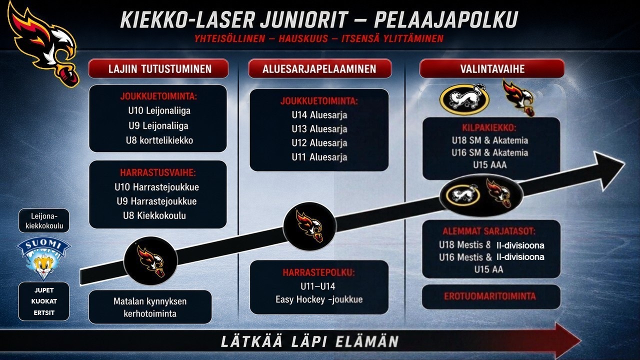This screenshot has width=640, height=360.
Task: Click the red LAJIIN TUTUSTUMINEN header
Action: click(x=158, y=68)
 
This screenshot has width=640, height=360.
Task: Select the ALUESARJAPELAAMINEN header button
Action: click(x=319, y=68)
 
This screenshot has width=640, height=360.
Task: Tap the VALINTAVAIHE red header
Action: click(x=492, y=68)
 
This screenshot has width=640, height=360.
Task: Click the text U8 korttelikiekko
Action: click(x=159, y=140)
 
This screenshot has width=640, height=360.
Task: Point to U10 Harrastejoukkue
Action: click(x=156, y=187)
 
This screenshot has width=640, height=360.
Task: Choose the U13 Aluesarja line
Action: click(x=319, y=129)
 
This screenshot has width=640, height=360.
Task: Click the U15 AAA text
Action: click(x=489, y=165)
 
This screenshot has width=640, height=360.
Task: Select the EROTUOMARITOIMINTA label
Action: click(x=489, y=296)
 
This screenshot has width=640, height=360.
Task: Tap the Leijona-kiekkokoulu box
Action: click(x=44, y=220)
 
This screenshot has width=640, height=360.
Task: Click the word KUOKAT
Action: click(x=44, y=301)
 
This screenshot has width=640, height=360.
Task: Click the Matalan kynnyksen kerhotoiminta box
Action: click(x=150, y=307)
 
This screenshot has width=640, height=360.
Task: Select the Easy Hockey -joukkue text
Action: click(x=319, y=299)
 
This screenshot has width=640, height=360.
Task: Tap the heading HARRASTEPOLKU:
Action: click(x=319, y=272)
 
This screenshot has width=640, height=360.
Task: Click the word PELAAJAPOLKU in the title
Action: click(x=446, y=20)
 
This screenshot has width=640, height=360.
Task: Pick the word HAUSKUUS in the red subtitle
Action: click(x=303, y=38)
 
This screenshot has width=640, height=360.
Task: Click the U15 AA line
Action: click(x=488, y=269)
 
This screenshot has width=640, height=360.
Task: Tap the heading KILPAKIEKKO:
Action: click(x=489, y=127)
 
